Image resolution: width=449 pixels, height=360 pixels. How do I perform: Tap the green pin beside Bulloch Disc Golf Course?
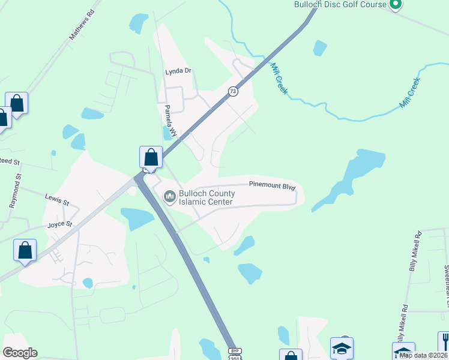(x=394, y=5)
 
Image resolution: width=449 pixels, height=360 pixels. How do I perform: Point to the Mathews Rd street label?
(x=82, y=25)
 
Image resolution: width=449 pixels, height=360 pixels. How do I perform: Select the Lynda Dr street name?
(x=178, y=71)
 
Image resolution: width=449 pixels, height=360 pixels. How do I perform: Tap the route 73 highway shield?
(x=233, y=91)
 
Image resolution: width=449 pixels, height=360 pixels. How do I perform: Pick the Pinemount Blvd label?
(x=273, y=186)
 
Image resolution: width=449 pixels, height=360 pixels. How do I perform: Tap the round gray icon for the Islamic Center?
(x=169, y=196)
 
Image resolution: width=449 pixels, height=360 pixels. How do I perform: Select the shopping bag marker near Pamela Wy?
(x=151, y=158)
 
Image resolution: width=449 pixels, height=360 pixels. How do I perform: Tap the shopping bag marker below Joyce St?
(x=25, y=250)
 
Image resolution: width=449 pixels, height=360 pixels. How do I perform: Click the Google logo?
(x=20, y=353)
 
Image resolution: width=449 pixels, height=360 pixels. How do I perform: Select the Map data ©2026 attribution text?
(x=423, y=355)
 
